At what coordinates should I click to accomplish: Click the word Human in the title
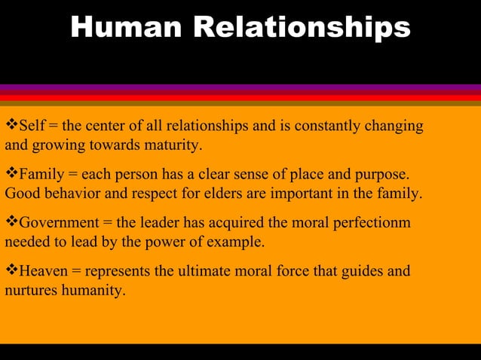125,28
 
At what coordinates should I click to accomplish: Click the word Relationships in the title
302,28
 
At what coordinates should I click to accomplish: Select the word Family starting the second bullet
41,175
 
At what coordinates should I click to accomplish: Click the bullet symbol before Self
11,125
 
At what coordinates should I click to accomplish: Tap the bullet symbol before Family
11,175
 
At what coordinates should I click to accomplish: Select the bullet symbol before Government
11,224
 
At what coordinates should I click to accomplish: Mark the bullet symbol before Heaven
11,271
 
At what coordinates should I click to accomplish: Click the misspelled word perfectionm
373,224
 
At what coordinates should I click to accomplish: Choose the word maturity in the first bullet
174,144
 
